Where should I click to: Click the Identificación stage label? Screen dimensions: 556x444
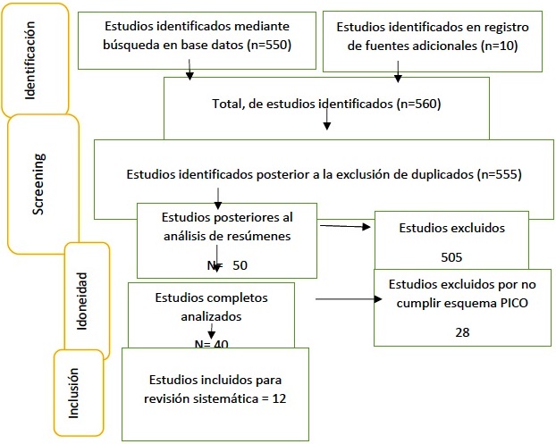(x=30, y=60)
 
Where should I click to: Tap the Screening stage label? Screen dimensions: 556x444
(x=38, y=184)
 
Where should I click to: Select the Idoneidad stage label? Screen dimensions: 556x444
(x=82, y=301)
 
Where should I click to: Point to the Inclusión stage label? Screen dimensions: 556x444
(x=73, y=393)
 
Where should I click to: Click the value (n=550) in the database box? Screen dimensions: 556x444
(x=269, y=45)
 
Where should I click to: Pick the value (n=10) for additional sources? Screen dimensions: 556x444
(x=500, y=46)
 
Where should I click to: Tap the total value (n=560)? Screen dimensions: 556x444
(x=418, y=104)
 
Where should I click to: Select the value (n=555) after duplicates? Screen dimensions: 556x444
(x=500, y=174)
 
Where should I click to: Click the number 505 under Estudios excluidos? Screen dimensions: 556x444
(x=451, y=257)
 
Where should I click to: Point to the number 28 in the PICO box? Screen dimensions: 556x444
(x=462, y=332)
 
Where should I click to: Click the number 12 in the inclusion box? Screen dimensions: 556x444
(x=279, y=398)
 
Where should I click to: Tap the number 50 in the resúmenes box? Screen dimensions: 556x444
(x=240, y=265)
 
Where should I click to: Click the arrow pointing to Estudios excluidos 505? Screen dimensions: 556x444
(x=345, y=226)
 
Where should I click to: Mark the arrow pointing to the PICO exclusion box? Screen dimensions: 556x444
(x=349, y=299)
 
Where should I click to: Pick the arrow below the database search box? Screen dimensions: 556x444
(x=190, y=70)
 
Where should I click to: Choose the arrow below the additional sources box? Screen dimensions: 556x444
(x=398, y=71)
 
